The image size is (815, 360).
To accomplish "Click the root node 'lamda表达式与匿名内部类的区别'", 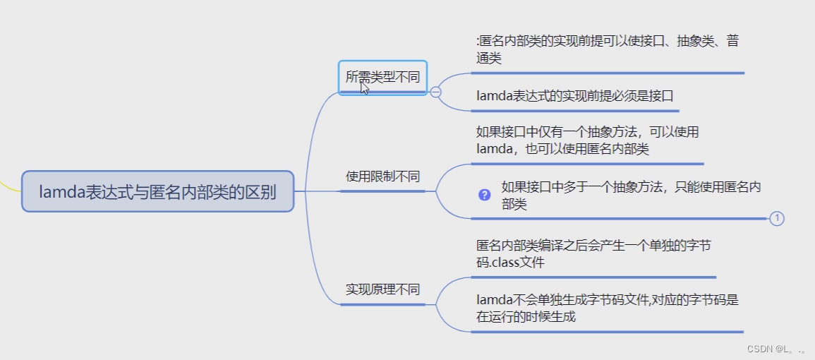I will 157,191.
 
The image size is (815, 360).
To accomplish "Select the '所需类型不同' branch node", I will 382,78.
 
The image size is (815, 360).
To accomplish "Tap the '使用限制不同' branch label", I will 382,176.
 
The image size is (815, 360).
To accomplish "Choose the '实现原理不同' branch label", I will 382,289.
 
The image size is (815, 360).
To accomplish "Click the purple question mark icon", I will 484,195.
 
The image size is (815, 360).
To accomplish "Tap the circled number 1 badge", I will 777,219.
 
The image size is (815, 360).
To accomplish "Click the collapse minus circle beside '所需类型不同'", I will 435,92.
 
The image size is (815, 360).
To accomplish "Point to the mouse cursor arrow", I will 364,88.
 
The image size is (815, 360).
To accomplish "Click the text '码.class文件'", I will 510,263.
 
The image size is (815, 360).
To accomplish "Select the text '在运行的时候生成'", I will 526,317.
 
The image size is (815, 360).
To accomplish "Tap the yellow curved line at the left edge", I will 8,185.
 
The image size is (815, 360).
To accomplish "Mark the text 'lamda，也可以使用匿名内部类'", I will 562,149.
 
